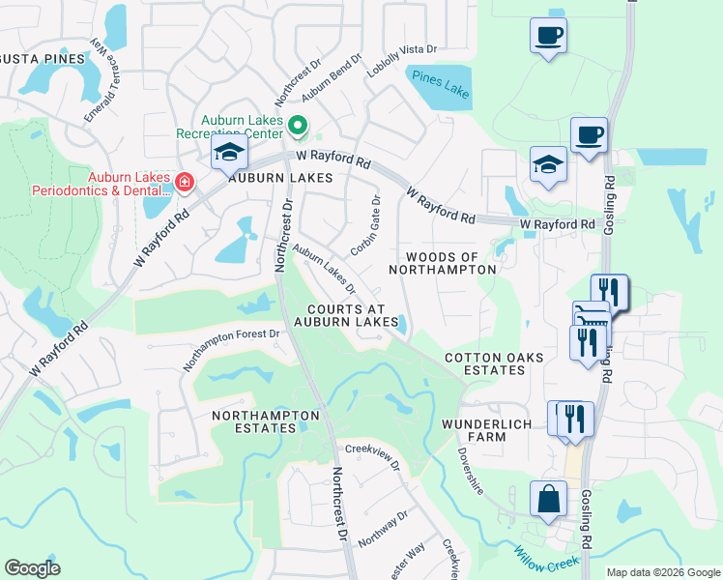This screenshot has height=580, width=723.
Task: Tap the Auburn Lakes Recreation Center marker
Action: pos(299,125)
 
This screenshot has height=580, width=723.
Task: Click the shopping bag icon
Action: pos(548,500)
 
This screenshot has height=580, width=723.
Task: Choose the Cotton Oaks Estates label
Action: pos(494,364)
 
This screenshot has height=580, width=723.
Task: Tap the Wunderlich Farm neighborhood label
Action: pos(488,430)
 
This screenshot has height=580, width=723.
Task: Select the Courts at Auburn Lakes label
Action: pos(346,314)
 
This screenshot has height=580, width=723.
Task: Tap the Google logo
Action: pos(32,568)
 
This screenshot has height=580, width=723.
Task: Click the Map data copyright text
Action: pos(662,572)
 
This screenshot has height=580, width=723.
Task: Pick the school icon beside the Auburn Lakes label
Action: pos(229,153)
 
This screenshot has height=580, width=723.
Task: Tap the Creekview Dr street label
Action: pos(373,456)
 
